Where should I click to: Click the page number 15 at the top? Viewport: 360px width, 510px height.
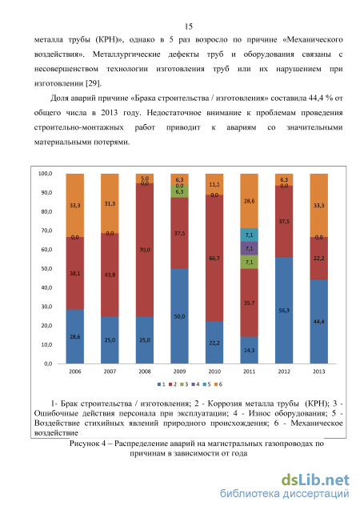click(189, 26)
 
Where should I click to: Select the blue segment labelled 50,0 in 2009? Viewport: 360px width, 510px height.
click(179, 315)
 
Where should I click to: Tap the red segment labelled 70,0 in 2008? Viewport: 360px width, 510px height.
click(145, 250)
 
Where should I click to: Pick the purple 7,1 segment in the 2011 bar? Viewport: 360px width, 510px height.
click(250, 248)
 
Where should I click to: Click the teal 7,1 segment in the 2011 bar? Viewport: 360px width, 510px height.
click(250, 235)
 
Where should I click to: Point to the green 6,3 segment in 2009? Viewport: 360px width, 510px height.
click(179, 191)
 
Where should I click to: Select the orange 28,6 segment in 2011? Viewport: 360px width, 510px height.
click(250, 201)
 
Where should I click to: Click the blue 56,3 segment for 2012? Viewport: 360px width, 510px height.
click(284, 310)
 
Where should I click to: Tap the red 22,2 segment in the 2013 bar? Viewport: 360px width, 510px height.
click(318, 259)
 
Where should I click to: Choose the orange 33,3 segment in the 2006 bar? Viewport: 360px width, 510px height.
click(74, 205)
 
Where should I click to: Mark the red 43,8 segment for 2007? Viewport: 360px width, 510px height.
click(110, 275)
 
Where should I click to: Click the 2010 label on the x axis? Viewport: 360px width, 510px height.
click(214, 371)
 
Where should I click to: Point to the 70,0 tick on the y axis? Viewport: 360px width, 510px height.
click(46, 231)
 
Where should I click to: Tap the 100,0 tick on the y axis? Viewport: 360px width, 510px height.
click(45, 174)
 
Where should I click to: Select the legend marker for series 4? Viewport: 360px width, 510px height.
click(194, 384)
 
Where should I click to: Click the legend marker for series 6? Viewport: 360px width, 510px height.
click(216, 384)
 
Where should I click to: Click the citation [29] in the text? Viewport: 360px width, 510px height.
click(94, 83)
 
